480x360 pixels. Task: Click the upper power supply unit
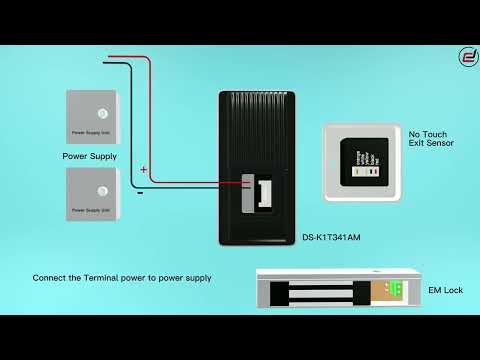(x=95, y=117)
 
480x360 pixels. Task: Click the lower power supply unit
(x=95, y=194)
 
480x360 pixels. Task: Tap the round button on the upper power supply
(x=100, y=111)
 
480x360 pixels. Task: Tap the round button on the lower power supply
(x=100, y=188)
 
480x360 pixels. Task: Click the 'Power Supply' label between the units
(x=89, y=157)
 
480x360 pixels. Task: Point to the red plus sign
(x=143, y=170)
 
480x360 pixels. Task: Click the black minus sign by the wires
(x=139, y=193)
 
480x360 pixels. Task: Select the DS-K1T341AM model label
(x=330, y=238)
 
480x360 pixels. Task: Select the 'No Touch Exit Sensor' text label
(x=431, y=138)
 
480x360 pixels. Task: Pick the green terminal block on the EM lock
(x=396, y=290)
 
